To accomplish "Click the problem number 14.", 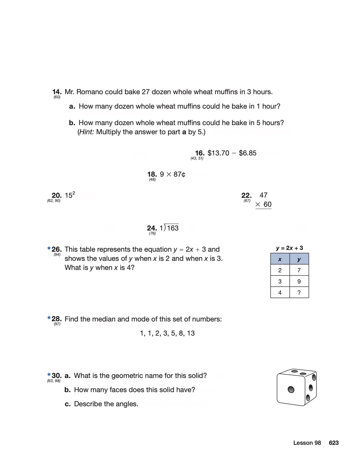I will (57, 92).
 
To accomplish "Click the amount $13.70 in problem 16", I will (218, 153).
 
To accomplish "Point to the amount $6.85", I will (248, 153).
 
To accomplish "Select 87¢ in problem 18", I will (179, 174).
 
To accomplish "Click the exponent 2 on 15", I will (74, 193).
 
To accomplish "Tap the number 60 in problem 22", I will (267, 204).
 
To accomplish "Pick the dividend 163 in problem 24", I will (173, 228).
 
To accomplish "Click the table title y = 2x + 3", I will (289, 248).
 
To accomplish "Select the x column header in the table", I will (280, 259).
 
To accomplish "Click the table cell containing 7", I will (299, 270).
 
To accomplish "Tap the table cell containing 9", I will (299, 281).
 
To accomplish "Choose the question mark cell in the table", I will (299, 293).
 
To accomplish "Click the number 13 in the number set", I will (191, 333).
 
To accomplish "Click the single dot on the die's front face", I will (291, 389).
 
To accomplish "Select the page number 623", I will (334, 443).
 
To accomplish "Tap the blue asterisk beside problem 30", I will (49, 375).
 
